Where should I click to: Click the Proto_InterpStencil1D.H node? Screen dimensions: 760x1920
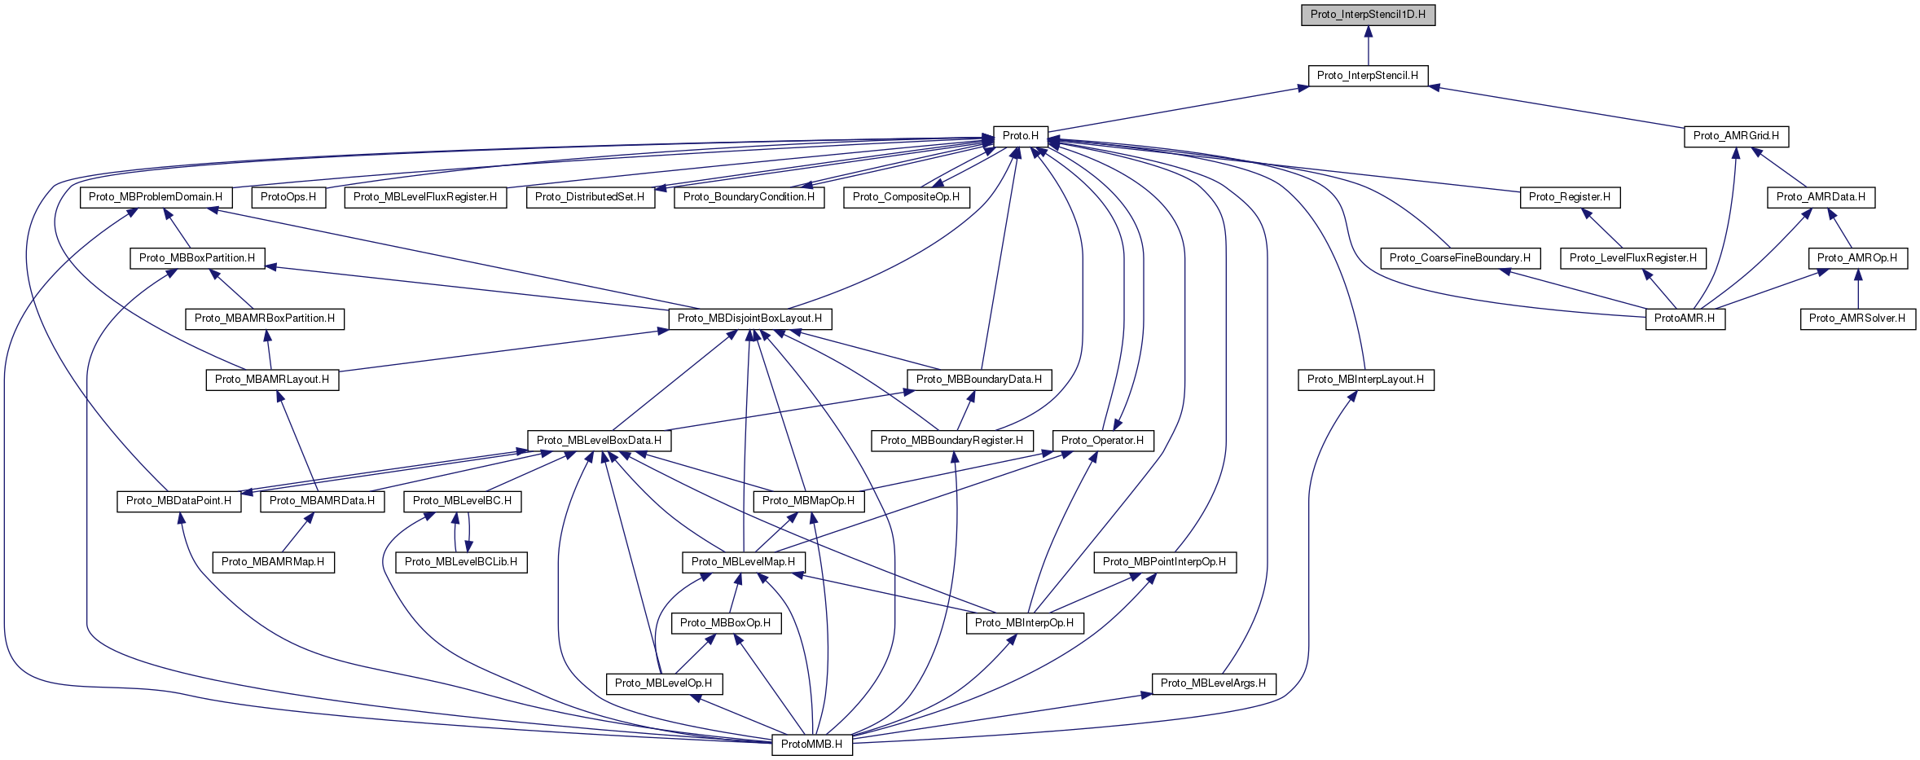coord(1368,15)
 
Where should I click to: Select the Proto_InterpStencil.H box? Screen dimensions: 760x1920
coord(1367,76)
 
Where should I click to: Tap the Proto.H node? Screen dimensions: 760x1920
coord(1020,136)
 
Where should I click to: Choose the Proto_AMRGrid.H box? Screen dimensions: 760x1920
coord(1736,136)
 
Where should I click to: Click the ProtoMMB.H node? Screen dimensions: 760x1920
coord(811,744)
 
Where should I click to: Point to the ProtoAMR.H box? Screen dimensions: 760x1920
coord(1685,318)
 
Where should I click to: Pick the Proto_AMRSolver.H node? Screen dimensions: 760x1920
coord(1857,318)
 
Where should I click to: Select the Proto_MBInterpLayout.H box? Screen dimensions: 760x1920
coord(1365,380)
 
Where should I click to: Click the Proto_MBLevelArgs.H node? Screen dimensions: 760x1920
coord(1213,683)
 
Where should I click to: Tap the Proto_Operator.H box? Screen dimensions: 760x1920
coord(1102,441)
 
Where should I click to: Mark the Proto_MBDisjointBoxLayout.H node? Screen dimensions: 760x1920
coord(749,318)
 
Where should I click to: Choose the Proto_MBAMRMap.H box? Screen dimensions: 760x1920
coord(273,562)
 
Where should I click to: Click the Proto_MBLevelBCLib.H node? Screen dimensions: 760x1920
coord(461,562)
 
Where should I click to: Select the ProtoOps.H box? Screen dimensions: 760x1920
coord(288,197)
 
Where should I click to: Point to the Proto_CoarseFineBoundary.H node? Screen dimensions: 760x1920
coord(1460,258)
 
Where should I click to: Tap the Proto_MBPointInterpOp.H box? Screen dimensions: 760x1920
coord(1164,562)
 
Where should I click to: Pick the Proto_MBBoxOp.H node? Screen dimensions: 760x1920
coord(725,623)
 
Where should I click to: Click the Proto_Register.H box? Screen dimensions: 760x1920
coord(1569,197)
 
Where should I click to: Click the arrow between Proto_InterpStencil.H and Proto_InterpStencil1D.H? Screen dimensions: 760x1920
coord(1368,46)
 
